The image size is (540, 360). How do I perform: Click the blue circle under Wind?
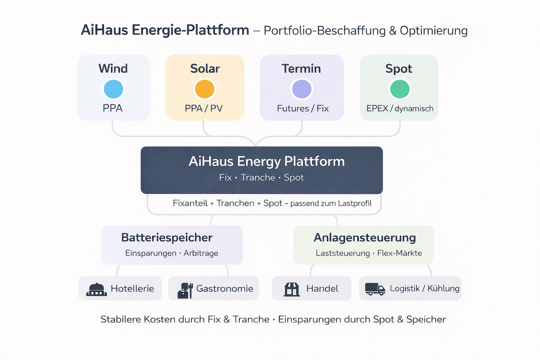click(x=113, y=89)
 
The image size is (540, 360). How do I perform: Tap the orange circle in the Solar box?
click(x=205, y=89)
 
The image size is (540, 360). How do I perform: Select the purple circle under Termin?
click(x=302, y=89)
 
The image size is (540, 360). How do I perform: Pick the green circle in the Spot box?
click(x=400, y=89)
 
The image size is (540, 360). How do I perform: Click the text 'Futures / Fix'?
click(x=303, y=108)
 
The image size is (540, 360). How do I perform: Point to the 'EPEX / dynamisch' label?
click(x=400, y=108)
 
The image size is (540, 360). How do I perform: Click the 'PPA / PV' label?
click(x=204, y=108)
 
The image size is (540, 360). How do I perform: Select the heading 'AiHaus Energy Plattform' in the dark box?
click(x=266, y=161)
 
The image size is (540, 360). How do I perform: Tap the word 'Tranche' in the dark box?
click(x=258, y=178)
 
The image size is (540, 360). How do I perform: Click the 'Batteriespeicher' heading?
click(x=167, y=238)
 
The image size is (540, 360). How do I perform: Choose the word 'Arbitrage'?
click(x=201, y=253)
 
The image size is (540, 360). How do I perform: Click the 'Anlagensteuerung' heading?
click(x=365, y=238)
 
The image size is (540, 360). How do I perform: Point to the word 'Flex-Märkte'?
click(x=399, y=253)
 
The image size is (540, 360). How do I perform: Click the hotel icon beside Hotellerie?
click(x=96, y=289)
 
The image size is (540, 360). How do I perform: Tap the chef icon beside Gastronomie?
click(x=185, y=290)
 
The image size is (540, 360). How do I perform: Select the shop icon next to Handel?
click(x=292, y=289)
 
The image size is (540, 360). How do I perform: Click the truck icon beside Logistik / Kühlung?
click(x=375, y=289)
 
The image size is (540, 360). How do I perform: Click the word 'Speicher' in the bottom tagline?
click(x=426, y=319)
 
